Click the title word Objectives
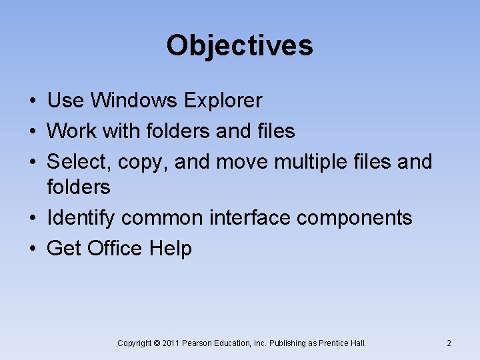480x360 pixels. coord(239,46)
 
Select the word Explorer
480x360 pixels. coord(223,101)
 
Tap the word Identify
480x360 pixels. coord(81,218)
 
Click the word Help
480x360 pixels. coord(171,249)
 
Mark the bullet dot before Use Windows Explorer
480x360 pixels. coord(32,101)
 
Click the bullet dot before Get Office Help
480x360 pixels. coord(32,249)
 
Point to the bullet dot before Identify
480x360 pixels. coord(32,219)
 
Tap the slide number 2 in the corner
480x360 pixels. coord(449,343)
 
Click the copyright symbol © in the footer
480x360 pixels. coord(157,343)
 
